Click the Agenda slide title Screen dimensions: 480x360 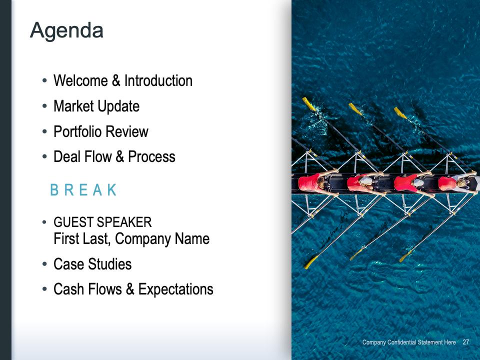(x=66, y=31)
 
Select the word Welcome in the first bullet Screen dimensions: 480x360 (x=80, y=81)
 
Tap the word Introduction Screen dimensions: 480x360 (x=158, y=81)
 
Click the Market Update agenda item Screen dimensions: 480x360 (x=96, y=106)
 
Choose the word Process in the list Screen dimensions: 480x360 (x=151, y=156)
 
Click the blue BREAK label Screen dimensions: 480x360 (x=83, y=190)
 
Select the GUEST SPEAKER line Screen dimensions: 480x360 (x=102, y=222)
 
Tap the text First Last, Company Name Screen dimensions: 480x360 (x=131, y=239)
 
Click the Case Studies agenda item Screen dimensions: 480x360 (x=92, y=264)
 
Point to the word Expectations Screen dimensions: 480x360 (x=175, y=289)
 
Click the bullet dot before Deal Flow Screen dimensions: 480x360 (x=44, y=156)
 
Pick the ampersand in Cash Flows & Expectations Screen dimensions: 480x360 (x=130, y=289)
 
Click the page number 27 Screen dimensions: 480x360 (x=465, y=342)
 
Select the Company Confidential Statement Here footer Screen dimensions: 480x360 (x=409, y=342)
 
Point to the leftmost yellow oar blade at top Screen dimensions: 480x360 (x=308, y=104)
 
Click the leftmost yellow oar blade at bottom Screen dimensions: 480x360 (x=310, y=262)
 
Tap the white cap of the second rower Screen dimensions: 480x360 (x=366, y=180)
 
